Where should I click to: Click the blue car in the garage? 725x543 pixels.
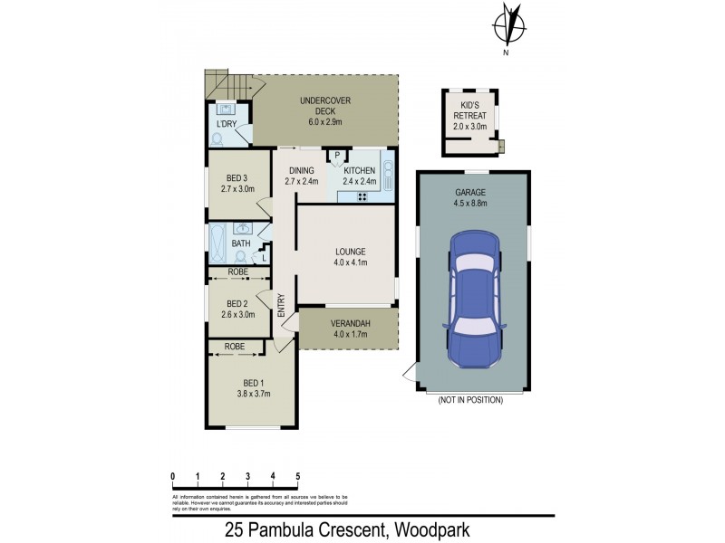coord(472,300)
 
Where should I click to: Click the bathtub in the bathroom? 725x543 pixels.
coord(218,243)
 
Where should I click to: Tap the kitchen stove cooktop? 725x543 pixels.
coord(362,197)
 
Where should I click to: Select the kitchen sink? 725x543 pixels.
coord(388,172)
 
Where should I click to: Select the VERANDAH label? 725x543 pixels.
coord(348,327)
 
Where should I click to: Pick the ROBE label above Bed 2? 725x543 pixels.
coord(237,271)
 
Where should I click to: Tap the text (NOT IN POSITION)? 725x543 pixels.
coord(469,399)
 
